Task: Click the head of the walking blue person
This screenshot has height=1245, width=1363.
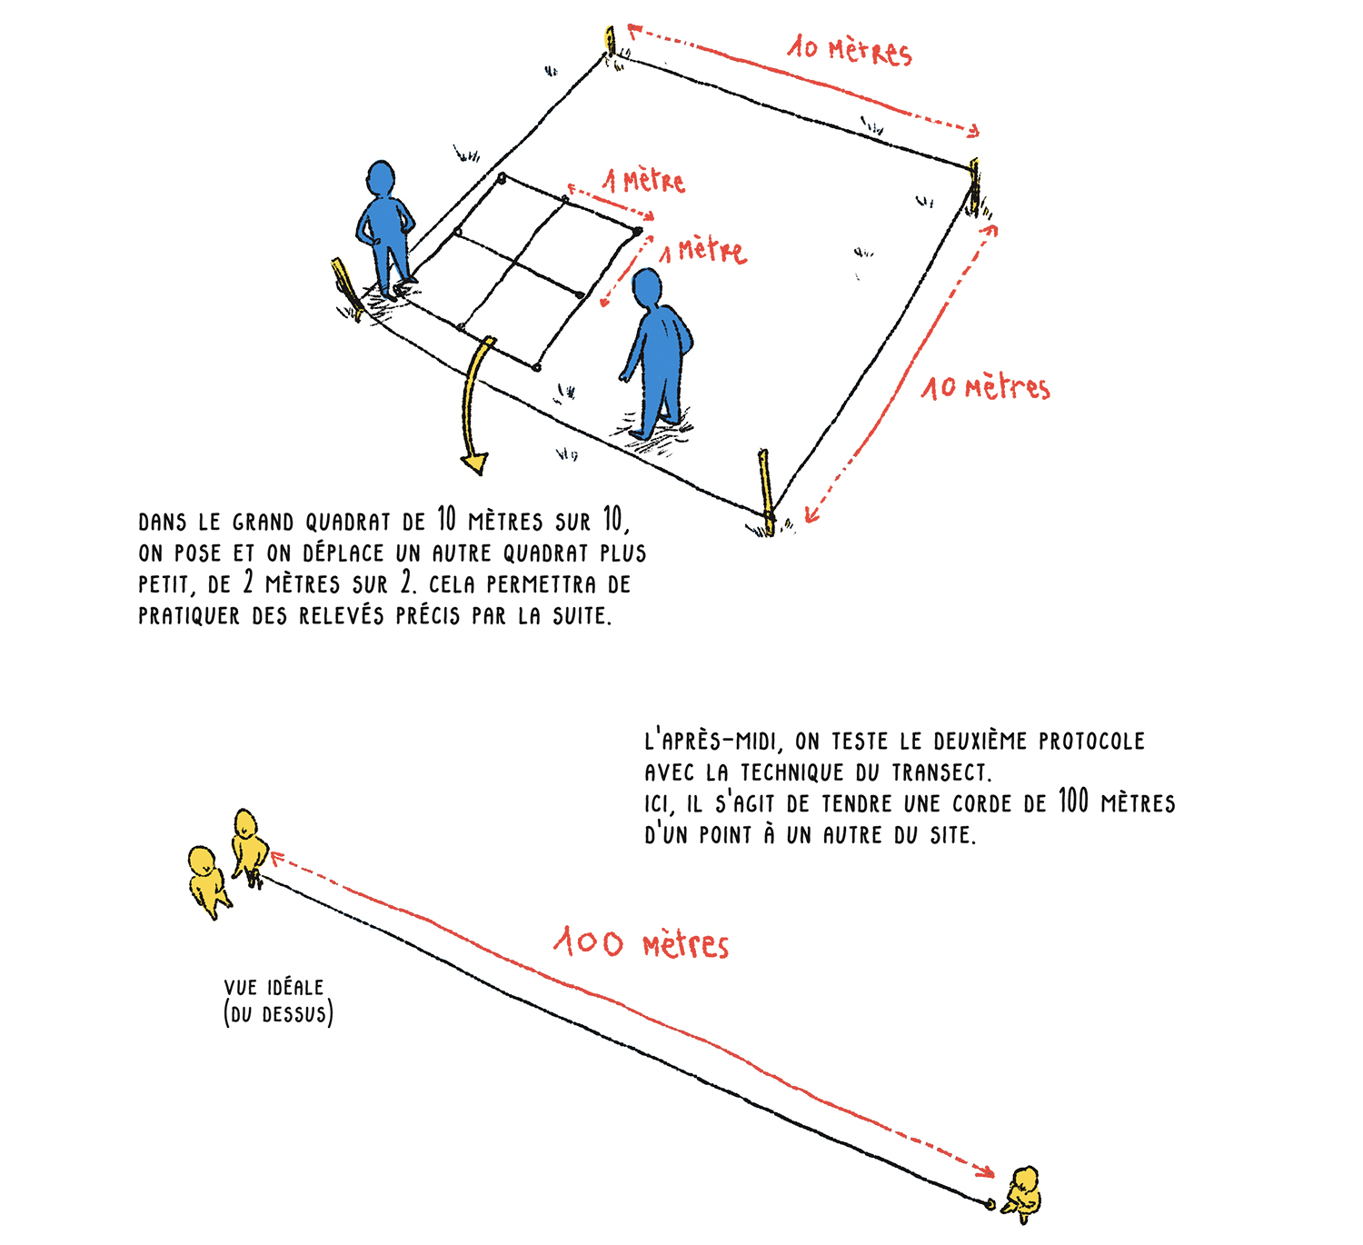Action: click(647, 288)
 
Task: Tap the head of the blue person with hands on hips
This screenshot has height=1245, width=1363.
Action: click(381, 178)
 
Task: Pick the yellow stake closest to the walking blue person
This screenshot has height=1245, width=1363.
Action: click(766, 491)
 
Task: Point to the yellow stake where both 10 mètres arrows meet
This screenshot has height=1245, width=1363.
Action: click(974, 186)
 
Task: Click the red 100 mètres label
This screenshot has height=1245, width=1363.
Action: click(641, 943)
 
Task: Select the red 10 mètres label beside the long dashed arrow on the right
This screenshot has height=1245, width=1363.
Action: click(986, 388)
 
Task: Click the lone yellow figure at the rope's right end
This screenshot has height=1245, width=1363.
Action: click(1023, 1193)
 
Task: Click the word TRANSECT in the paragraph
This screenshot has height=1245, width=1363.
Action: click(940, 772)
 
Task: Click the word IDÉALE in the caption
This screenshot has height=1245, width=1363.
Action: click(295, 987)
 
